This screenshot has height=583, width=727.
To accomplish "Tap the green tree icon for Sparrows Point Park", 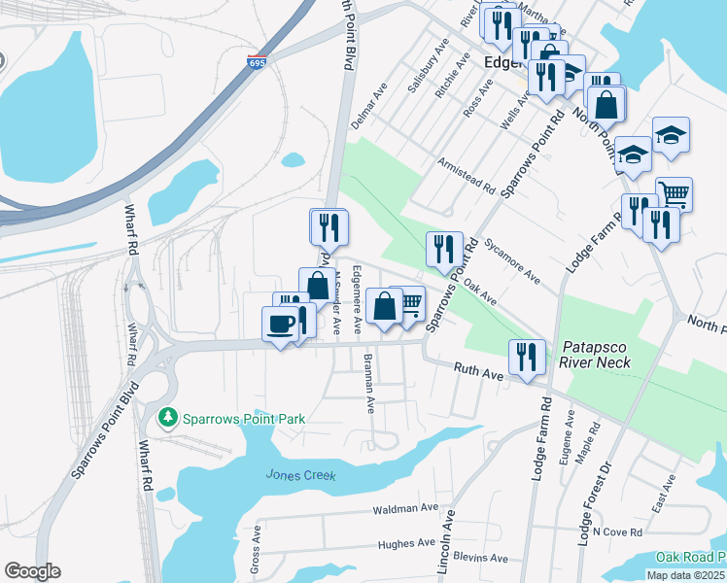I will pos(167,418).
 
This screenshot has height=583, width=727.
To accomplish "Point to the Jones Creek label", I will pos(300,475).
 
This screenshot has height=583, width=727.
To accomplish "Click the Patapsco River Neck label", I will pos(597,355).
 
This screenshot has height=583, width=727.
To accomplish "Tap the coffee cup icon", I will pos(281,325).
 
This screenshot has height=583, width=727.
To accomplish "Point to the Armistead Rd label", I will pos(467,176).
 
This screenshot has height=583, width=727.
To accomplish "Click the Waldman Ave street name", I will pos(405,508).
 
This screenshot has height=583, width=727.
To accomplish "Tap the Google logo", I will pos(32,571).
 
